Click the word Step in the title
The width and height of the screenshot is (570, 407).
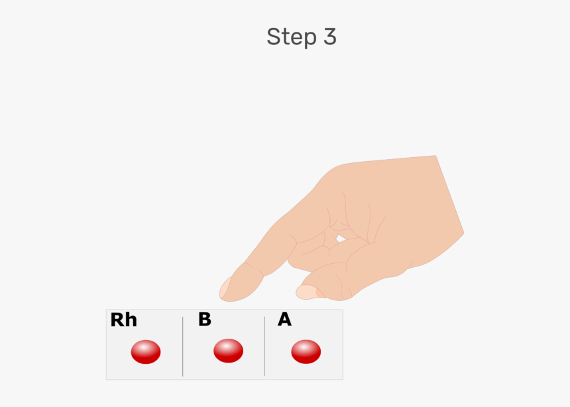[292, 37]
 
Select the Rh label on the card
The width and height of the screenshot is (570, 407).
[123, 320]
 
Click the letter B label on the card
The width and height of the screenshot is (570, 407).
[205, 320]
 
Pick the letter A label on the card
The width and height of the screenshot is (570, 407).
[284, 320]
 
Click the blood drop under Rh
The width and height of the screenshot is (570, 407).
[146, 352]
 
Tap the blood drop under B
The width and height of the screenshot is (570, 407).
[228, 351]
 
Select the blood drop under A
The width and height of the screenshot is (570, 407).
[306, 351]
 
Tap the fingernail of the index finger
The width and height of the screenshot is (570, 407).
[227, 288]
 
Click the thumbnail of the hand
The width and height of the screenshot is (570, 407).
[306, 292]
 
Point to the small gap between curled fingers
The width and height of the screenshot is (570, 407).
[339, 239]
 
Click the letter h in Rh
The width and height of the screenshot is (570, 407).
[131, 320]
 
